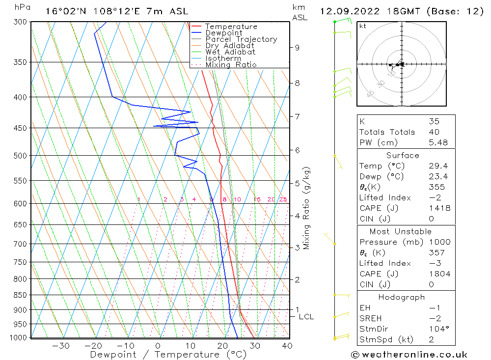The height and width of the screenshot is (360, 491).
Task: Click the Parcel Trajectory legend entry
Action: point(241,39)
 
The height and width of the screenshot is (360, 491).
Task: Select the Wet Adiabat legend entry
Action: point(230,52)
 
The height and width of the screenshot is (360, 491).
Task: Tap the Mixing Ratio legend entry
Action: point(231,64)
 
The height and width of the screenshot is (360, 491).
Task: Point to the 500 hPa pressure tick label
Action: point(21,156)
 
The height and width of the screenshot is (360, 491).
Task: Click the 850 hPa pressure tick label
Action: point(21,295)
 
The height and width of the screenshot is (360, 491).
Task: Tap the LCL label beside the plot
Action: point(306,317)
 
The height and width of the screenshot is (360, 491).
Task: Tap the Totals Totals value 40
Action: point(434,132)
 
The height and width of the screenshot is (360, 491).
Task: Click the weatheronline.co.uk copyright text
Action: point(409,355)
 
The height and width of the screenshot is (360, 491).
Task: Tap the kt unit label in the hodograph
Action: point(363,26)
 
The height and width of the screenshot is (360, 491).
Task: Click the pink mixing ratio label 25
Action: point(283,199)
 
